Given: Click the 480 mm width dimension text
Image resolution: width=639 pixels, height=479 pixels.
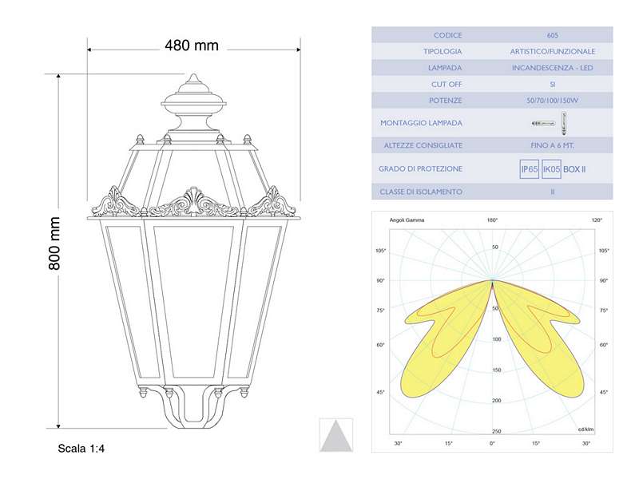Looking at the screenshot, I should (192, 46).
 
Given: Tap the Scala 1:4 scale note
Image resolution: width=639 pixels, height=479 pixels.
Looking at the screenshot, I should (81, 449).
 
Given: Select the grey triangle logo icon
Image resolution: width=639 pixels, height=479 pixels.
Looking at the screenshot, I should (336, 435).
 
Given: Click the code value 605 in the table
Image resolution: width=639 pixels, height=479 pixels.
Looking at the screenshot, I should (553, 36).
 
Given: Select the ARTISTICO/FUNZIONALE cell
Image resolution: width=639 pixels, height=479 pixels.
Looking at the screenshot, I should (553, 52).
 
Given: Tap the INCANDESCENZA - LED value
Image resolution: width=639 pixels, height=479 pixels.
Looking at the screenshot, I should (553, 68).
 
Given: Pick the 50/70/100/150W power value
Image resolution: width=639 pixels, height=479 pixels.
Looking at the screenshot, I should (553, 101).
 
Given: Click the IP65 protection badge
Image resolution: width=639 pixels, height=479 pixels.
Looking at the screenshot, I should (529, 169).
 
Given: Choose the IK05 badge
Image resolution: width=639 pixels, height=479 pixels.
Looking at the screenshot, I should (551, 169).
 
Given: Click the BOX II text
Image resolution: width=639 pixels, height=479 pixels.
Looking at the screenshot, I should (574, 169).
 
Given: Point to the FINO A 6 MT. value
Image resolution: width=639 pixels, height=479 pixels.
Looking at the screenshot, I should (553, 145).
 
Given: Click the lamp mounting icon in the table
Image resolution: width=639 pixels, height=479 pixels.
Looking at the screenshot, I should (553, 123).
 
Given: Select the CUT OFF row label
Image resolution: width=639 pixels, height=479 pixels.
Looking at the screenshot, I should (447, 84).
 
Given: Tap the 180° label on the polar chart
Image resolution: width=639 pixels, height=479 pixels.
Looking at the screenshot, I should (492, 220).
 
